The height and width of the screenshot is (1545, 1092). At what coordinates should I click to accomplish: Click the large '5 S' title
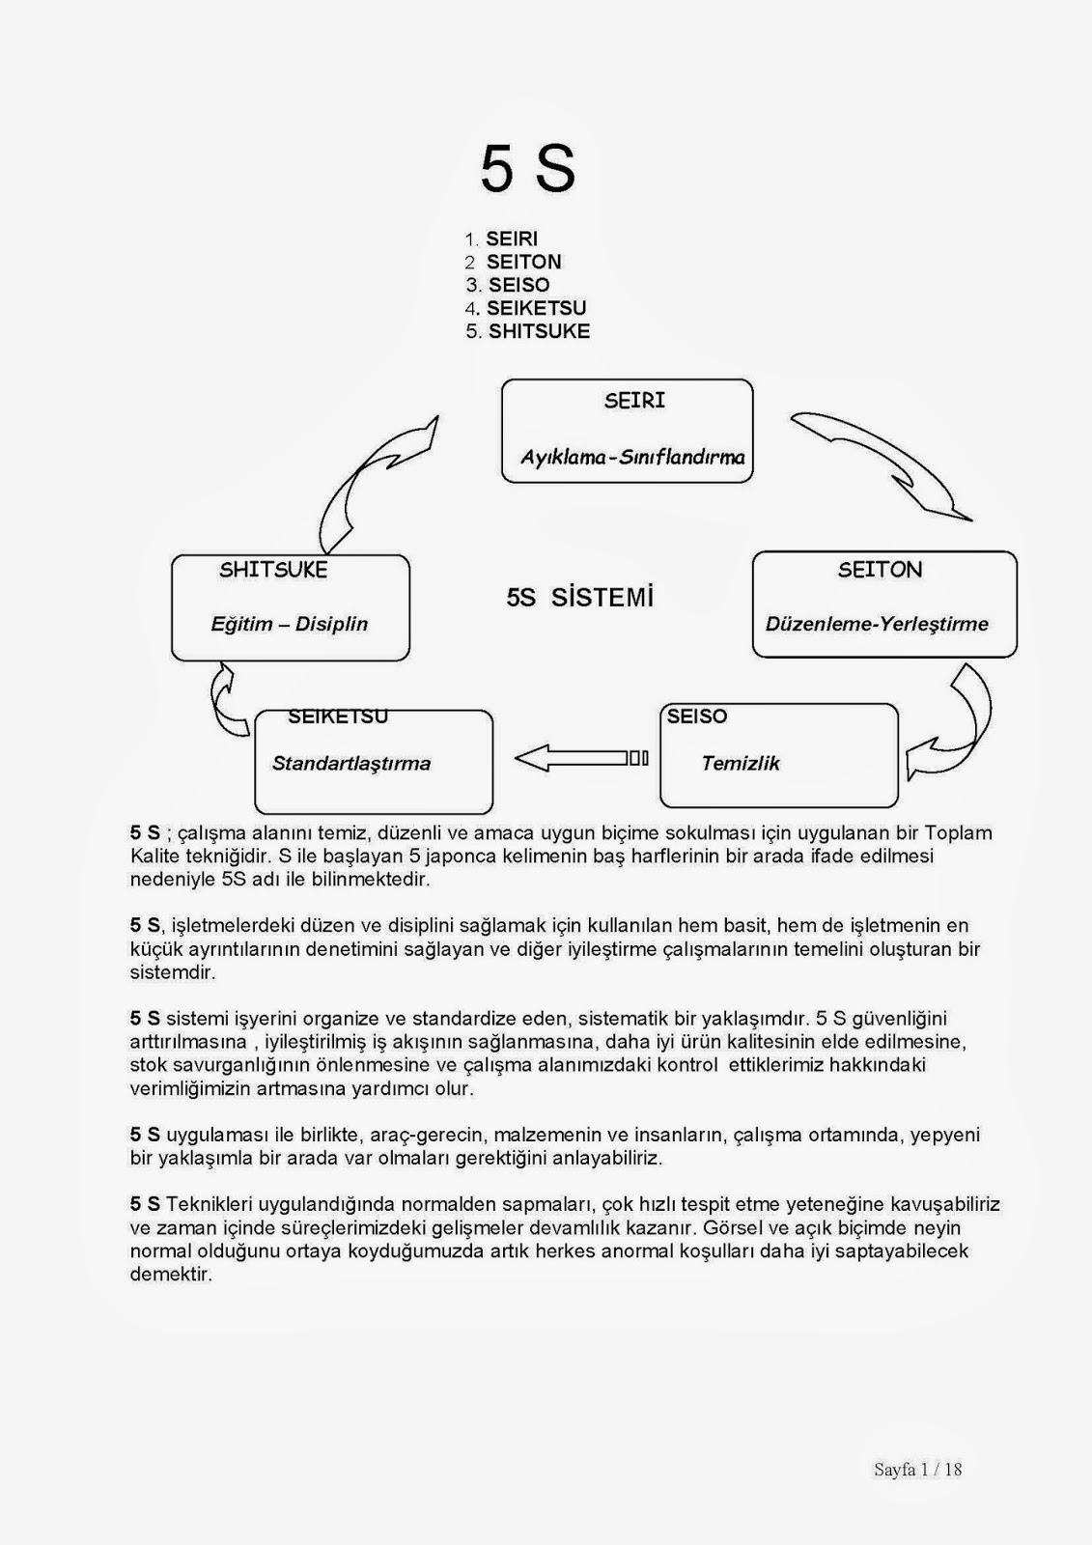[x=527, y=170]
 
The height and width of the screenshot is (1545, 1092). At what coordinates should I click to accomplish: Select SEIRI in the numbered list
[x=512, y=239]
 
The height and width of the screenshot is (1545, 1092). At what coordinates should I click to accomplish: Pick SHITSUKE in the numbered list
[x=539, y=331]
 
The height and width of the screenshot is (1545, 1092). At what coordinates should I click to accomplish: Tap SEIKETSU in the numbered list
[x=536, y=308]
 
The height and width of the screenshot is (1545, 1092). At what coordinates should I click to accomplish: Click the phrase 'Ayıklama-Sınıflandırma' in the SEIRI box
[x=632, y=457]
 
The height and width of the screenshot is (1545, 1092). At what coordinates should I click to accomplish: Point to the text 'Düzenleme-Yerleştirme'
[x=877, y=624]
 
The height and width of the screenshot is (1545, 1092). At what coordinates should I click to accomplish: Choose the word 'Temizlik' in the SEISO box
[x=740, y=763]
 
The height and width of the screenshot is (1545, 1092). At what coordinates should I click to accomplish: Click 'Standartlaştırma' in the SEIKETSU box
[x=351, y=763]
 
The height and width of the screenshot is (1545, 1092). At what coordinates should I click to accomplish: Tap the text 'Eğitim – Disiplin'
[x=290, y=624]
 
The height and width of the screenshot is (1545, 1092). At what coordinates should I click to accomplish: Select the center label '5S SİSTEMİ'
[x=580, y=598]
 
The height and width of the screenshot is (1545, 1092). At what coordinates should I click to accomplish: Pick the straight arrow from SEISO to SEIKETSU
[x=579, y=758]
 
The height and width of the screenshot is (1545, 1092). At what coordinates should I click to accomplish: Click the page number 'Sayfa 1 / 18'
[x=917, y=1470]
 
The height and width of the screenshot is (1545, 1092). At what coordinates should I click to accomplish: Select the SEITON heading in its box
[x=880, y=570]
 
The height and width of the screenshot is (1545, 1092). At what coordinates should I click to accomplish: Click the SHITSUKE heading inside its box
[x=273, y=570]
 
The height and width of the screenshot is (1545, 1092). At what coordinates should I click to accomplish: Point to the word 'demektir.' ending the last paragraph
[x=171, y=1275]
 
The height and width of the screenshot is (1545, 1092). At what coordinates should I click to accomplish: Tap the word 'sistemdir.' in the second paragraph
[x=173, y=972]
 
